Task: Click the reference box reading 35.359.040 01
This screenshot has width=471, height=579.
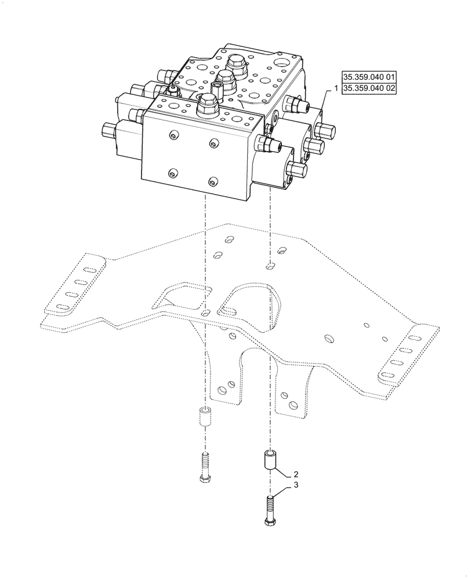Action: [369, 77]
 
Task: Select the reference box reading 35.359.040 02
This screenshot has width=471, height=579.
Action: [369, 89]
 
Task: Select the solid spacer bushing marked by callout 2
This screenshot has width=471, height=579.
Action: [270, 461]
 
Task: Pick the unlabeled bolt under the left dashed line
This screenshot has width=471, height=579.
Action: [204, 467]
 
